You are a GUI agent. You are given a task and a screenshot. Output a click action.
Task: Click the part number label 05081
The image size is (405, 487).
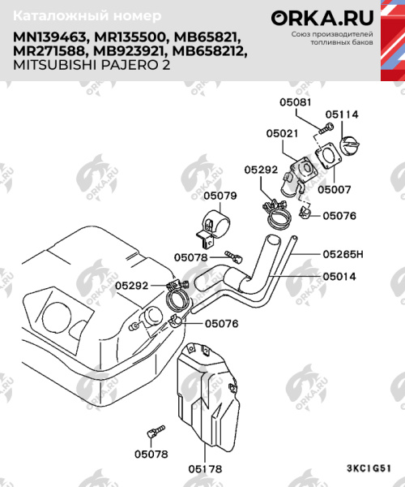pyautogui.click(x=295, y=103)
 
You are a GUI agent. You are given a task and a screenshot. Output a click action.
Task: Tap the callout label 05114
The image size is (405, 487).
pyautogui.click(x=342, y=114)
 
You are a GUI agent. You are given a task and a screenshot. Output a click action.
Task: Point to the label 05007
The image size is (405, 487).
pyautogui.click(x=333, y=189)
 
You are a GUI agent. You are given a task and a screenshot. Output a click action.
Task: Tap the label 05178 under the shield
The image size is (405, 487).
pyautogui.click(x=206, y=468)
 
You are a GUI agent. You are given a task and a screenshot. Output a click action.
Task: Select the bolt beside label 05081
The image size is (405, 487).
pyautogui.click(x=325, y=127)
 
